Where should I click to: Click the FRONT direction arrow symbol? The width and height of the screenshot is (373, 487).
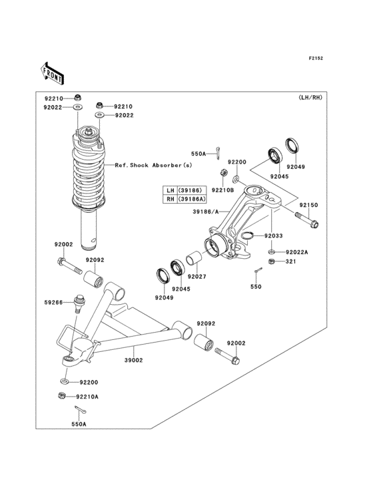pos(52,71)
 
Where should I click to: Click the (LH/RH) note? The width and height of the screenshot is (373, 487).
pos(310,98)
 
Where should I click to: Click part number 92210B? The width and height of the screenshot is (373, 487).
pos(223,190)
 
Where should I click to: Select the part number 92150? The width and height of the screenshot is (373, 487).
pos(308,206)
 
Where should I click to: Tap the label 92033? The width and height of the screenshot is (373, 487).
pos(273,236)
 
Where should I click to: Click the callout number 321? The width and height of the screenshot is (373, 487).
pos(290,262)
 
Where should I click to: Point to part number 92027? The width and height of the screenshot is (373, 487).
pos(196,277)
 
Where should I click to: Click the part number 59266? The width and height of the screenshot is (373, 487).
pos(54,303)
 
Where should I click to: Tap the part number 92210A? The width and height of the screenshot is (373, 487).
pos(87,397)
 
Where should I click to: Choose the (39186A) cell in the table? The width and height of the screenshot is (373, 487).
pos(192,199)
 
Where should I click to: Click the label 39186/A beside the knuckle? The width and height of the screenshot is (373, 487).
pos(206,211)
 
